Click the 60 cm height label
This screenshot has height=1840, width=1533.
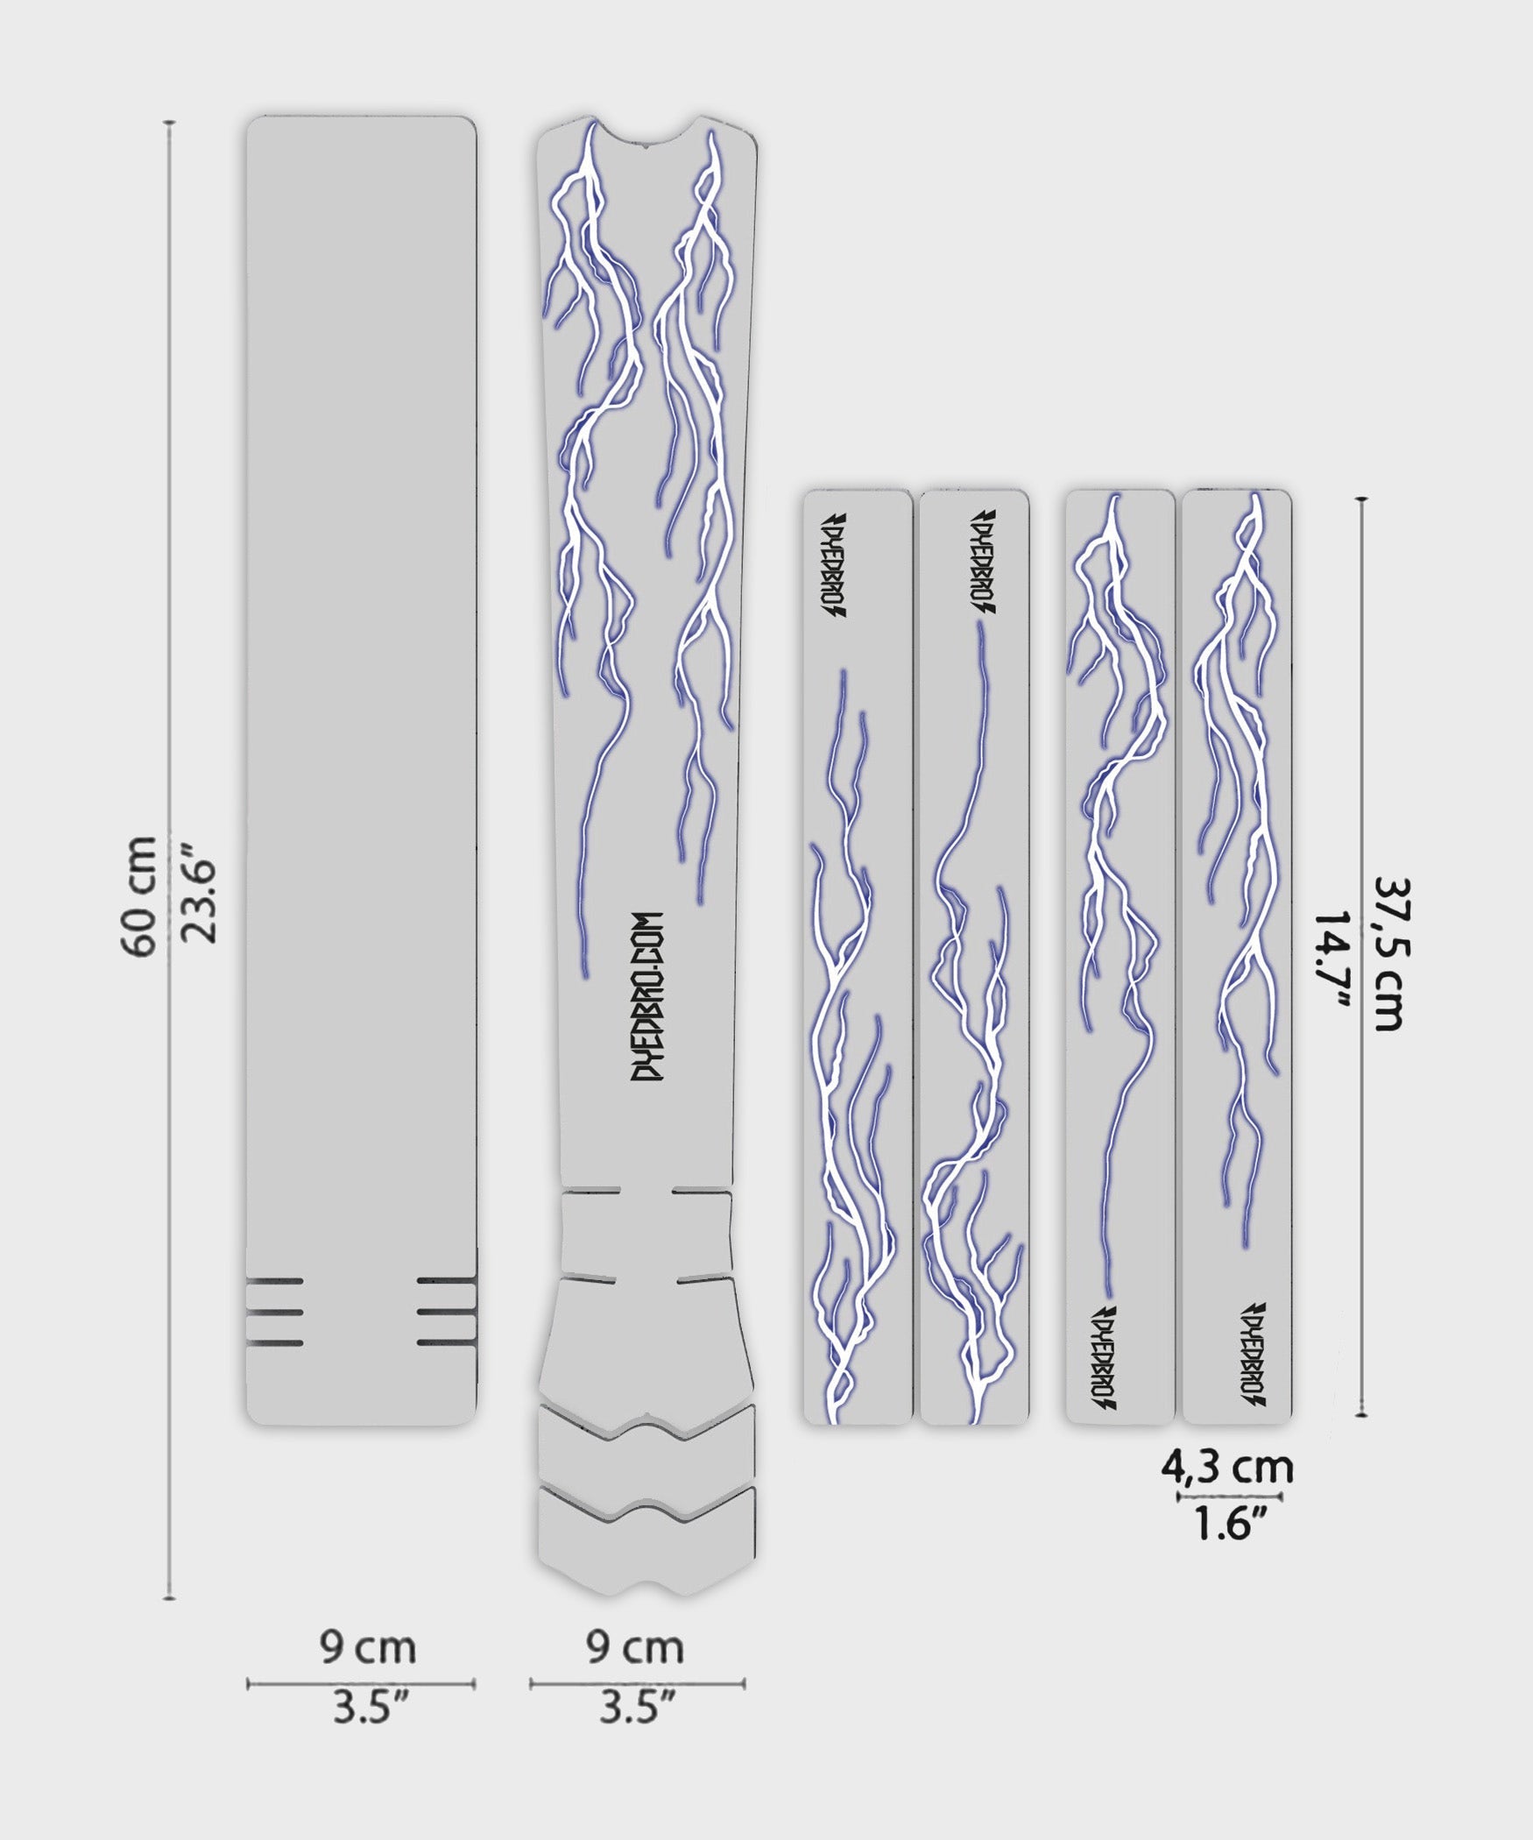(x=139, y=896)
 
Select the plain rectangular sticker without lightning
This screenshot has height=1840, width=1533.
(x=360, y=771)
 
